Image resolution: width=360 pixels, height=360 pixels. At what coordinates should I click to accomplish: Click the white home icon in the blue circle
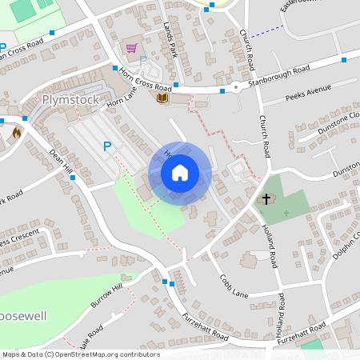click(x=180, y=173)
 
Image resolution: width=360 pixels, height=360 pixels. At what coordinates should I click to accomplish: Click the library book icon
click(x=162, y=97)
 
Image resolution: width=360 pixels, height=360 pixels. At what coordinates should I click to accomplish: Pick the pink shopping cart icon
click(x=131, y=48)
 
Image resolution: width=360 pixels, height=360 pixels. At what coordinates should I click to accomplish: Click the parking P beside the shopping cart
click(x=143, y=61)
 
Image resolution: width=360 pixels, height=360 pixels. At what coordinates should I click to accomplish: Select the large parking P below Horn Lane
click(x=106, y=146)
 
